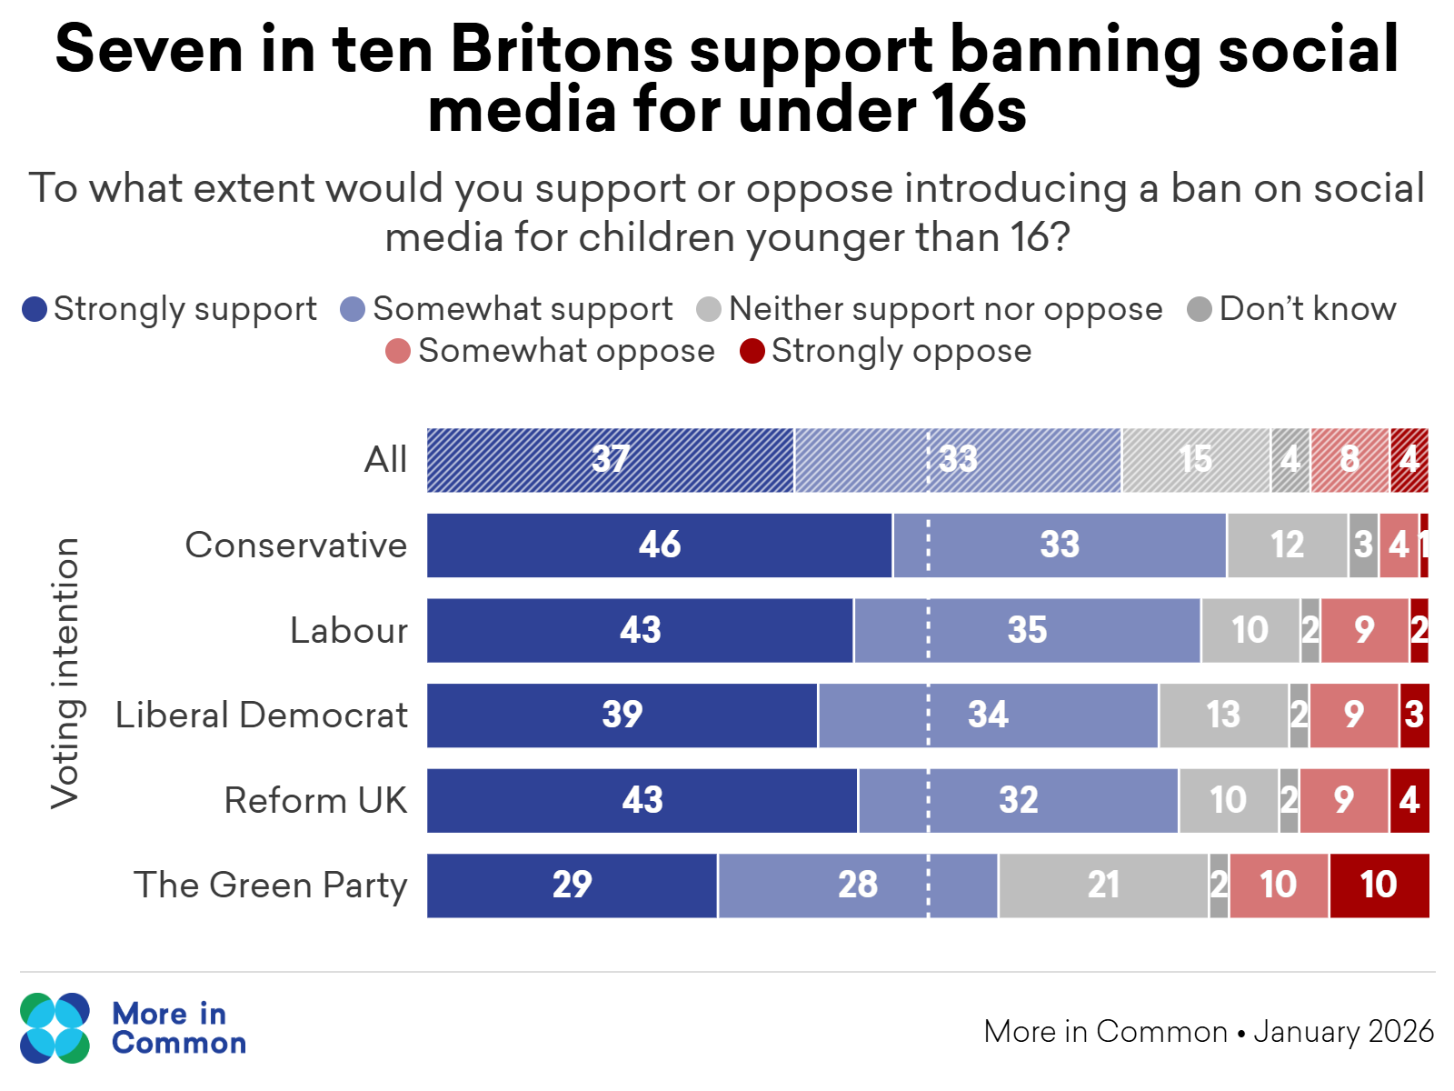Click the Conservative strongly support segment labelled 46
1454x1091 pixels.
pos(660,545)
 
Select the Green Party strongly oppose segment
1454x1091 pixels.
pos(1379,886)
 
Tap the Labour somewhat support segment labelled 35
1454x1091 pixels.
pos(1027,630)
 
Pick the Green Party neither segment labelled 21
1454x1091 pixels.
pos(1103,886)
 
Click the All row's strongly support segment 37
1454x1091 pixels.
pos(611,460)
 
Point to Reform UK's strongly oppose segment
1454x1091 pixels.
pos(1409,801)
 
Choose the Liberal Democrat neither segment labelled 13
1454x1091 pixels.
pos(1223,716)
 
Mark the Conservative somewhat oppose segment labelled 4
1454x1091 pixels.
pos(1399,545)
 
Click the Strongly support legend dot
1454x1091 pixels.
pos(35,310)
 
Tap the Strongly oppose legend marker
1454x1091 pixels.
pos(752,351)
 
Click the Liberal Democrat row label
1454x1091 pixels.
pos(261,716)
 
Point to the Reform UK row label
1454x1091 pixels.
pos(315,801)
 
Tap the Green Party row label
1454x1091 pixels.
pos(271,886)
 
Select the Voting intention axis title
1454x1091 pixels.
pos(65,673)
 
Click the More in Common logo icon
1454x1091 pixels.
pos(55,1028)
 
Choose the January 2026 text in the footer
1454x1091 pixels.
pos(1343,1032)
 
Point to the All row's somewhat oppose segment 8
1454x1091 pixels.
pos(1349,460)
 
